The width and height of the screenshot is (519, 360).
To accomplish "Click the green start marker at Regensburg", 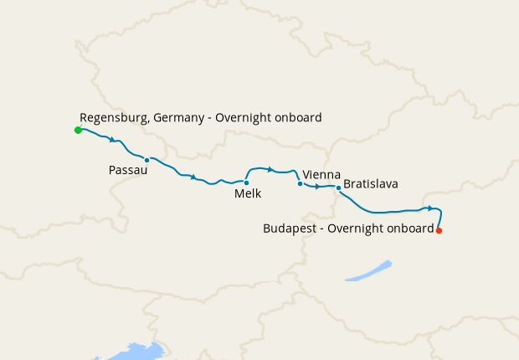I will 78,130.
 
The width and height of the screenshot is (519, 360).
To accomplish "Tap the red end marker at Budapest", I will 439,230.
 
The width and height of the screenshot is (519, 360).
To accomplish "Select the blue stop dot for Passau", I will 146,160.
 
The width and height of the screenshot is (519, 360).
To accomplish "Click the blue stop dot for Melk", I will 246,183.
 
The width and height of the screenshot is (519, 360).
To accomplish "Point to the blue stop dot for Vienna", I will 300,183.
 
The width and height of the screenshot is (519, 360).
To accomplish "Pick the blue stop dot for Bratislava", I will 338,188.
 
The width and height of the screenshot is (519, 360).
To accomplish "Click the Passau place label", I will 128,170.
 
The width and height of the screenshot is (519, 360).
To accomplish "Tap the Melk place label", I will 248,193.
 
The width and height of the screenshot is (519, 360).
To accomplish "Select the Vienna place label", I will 321,173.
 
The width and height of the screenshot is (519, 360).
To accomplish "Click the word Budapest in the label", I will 290,228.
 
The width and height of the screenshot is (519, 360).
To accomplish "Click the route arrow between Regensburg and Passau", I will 112,139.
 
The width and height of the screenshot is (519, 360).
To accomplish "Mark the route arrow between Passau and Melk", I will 194,177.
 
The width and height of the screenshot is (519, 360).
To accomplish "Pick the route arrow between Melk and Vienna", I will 270,169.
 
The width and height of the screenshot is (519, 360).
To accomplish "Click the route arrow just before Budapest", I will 429,208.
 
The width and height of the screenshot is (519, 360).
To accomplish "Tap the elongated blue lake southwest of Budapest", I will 368,270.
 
